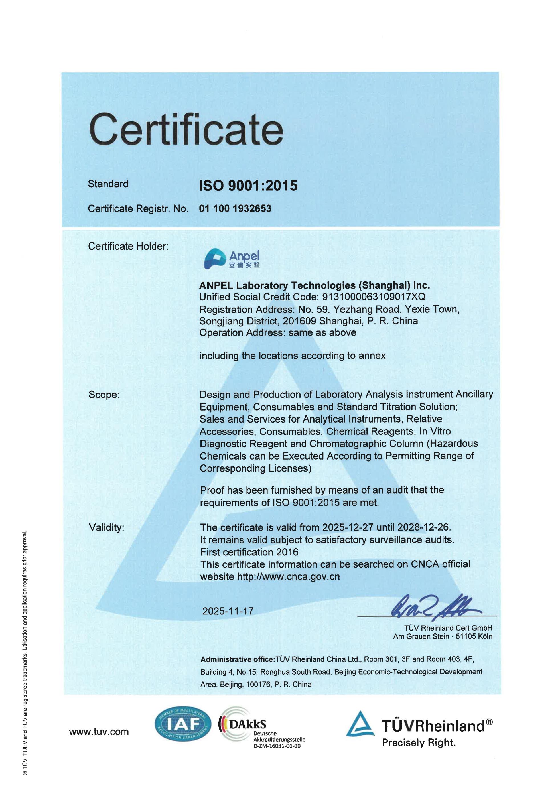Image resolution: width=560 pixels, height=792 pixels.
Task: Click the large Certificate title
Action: (x=186, y=130)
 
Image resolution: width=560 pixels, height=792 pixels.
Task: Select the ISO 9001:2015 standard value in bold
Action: (x=248, y=186)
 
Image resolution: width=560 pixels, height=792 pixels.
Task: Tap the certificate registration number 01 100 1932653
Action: (x=235, y=208)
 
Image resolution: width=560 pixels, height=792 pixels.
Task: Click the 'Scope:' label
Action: (x=104, y=395)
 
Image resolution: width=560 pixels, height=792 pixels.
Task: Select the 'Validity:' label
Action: (x=106, y=527)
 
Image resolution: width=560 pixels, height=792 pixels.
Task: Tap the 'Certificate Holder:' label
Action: (x=128, y=246)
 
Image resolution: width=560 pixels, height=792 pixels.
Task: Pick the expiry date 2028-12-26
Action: (x=423, y=527)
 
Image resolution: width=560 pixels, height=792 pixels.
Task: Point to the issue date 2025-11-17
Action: (x=228, y=611)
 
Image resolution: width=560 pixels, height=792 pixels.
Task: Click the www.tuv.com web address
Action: (x=99, y=732)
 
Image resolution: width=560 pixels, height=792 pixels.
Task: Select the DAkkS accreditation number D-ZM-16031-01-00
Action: (x=277, y=746)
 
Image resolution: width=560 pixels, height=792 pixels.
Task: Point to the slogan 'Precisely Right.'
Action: (x=419, y=742)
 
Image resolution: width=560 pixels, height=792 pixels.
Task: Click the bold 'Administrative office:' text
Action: (x=238, y=659)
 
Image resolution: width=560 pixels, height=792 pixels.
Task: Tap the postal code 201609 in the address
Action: (x=299, y=321)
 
